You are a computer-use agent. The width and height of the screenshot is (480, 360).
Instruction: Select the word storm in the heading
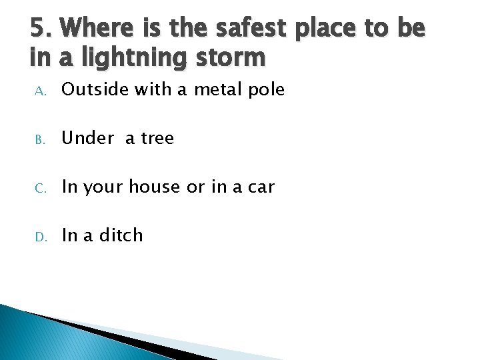tap(231, 57)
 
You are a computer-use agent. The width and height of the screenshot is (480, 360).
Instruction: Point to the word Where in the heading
tap(100, 28)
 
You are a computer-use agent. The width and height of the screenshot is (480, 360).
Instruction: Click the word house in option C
tap(155, 187)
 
